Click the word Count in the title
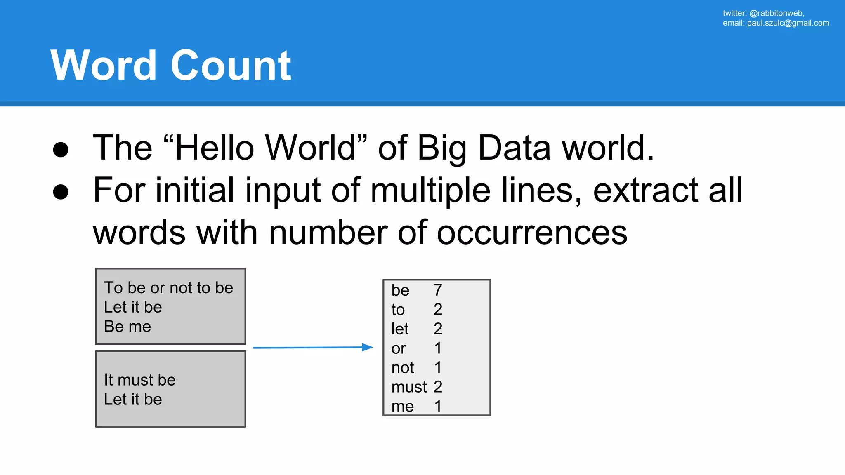point(231,66)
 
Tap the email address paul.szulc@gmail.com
point(788,23)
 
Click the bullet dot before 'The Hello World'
point(61,149)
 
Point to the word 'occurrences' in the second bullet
point(532,233)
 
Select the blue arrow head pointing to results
point(367,347)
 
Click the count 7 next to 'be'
point(438,290)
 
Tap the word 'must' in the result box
point(409,387)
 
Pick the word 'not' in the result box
point(403,368)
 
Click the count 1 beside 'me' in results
point(438,407)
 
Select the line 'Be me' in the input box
point(127,327)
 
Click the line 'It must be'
point(140,380)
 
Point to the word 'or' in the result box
point(399,349)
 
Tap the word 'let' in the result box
point(400,329)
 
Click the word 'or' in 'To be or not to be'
point(157,288)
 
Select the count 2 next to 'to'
point(438,309)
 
